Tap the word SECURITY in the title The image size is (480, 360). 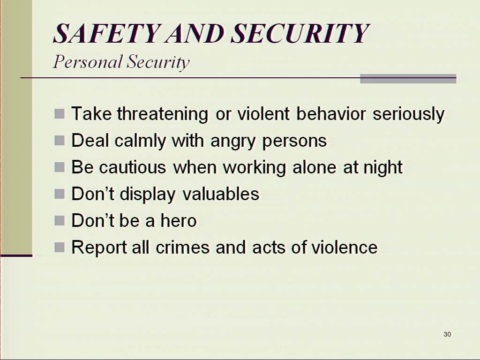coord(300,33)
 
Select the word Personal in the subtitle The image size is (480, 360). coord(88,62)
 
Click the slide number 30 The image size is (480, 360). coord(447,334)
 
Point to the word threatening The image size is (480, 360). coord(163,114)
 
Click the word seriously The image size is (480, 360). coord(408,114)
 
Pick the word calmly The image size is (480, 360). coord(140,141)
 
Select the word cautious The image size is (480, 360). coord(133,167)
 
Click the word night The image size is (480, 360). coord(382,167)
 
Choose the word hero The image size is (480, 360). coord(179,220)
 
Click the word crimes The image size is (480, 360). coord(183,247)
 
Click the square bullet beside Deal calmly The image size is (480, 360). coord(60,141)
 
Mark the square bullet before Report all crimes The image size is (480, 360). coord(60,247)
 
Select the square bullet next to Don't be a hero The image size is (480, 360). coord(60,221)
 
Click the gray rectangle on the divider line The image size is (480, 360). coord(408,79)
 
